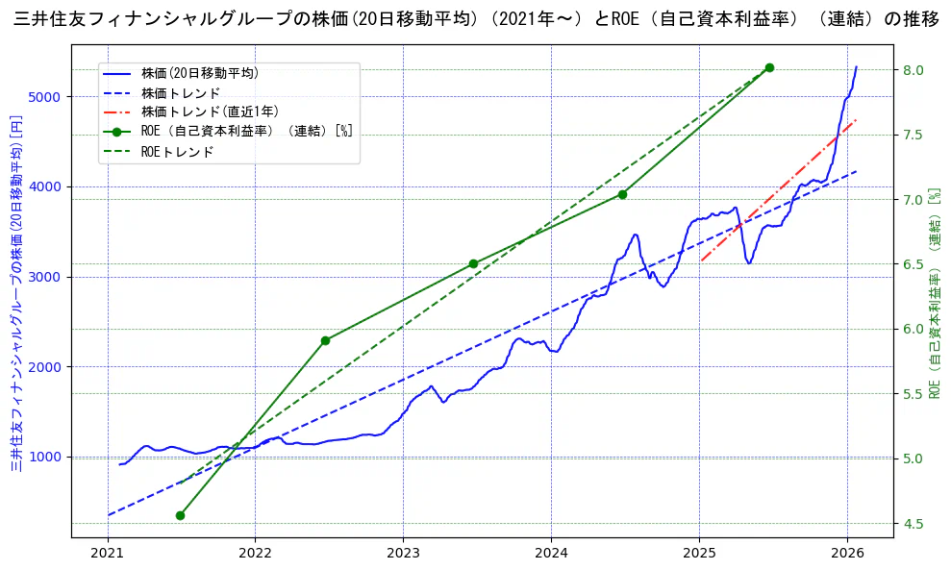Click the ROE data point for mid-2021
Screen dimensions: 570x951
(180, 515)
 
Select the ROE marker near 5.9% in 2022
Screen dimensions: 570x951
(326, 340)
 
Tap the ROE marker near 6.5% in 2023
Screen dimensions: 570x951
(473, 263)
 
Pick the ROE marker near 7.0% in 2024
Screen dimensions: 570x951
(622, 194)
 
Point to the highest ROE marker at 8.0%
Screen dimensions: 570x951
(769, 67)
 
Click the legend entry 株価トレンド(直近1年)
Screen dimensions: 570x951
(210, 112)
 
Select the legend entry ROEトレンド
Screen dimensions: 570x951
(177, 152)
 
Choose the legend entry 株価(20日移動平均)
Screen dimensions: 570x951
(199, 72)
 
